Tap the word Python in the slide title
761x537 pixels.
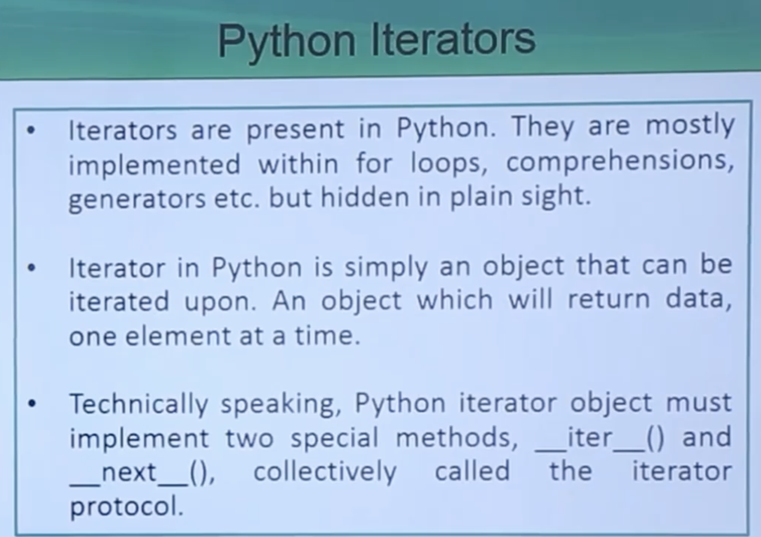pyautogui.click(x=287, y=43)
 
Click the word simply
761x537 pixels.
pyautogui.click(x=386, y=268)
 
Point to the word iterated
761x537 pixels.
pyautogui.click(x=119, y=301)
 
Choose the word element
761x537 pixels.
pyautogui.click(x=177, y=336)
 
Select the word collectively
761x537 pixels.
pyautogui.click(x=325, y=472)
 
